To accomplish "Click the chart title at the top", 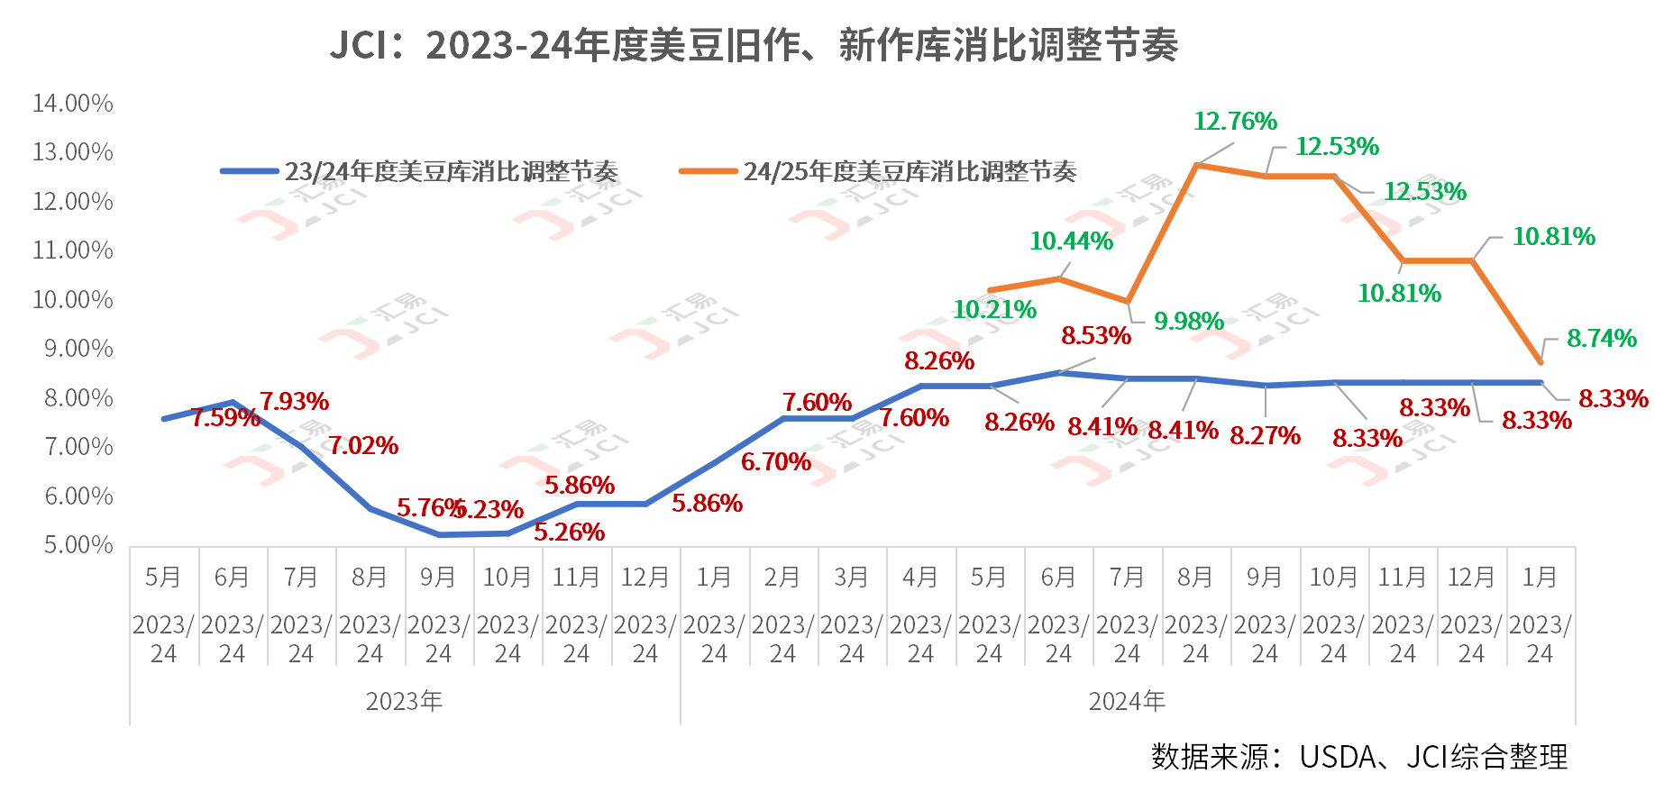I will [754, 45].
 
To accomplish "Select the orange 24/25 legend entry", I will [878, 171].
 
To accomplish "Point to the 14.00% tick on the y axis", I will [73, 104].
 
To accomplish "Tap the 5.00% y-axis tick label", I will [78, 545].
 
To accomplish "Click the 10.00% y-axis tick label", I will [73, 299].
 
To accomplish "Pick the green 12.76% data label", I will [1235, 122].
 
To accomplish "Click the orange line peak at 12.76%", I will [1196, 165].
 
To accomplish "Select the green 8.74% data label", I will [1601, 339].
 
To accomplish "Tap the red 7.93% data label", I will [294, 402].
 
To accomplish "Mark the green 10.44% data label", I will [1071, 241].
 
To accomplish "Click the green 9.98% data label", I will [1188, 322].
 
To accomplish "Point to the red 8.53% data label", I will [1095, 336].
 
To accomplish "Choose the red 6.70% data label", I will [775, 462].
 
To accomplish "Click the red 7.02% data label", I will [363, 446].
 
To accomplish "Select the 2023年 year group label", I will [404, 701].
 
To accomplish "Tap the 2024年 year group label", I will [1127, 701].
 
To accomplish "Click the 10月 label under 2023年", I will [507, 578].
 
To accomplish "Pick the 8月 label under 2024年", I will [1195, 578].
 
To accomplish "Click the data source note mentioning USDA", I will [1358, 757].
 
